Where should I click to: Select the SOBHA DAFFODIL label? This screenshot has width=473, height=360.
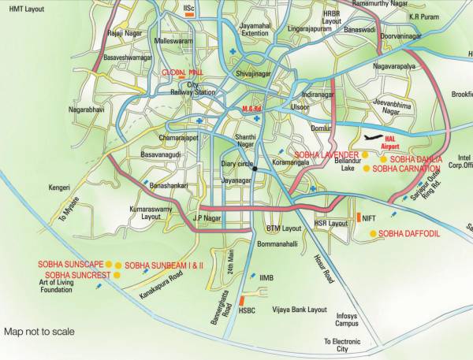tap(408, 234)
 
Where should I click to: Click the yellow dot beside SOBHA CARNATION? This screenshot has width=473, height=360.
tap(366, 168)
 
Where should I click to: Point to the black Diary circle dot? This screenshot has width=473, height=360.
tap(254, 166)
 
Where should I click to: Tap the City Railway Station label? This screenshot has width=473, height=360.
tap(192, 88)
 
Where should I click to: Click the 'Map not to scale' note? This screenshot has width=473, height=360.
tap(39, 332)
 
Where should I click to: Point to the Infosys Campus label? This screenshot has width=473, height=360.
tap(347, 319)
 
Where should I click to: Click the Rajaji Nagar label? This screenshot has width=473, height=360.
tap(125, 34)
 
